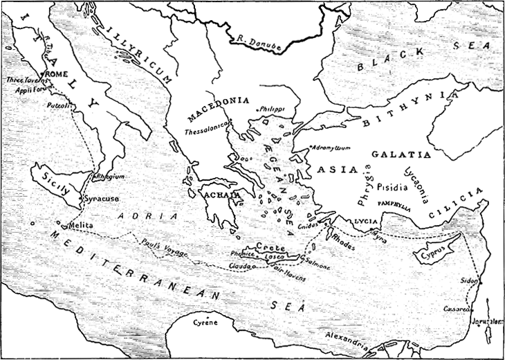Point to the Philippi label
271,109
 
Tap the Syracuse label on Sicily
102,198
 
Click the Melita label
81,225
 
